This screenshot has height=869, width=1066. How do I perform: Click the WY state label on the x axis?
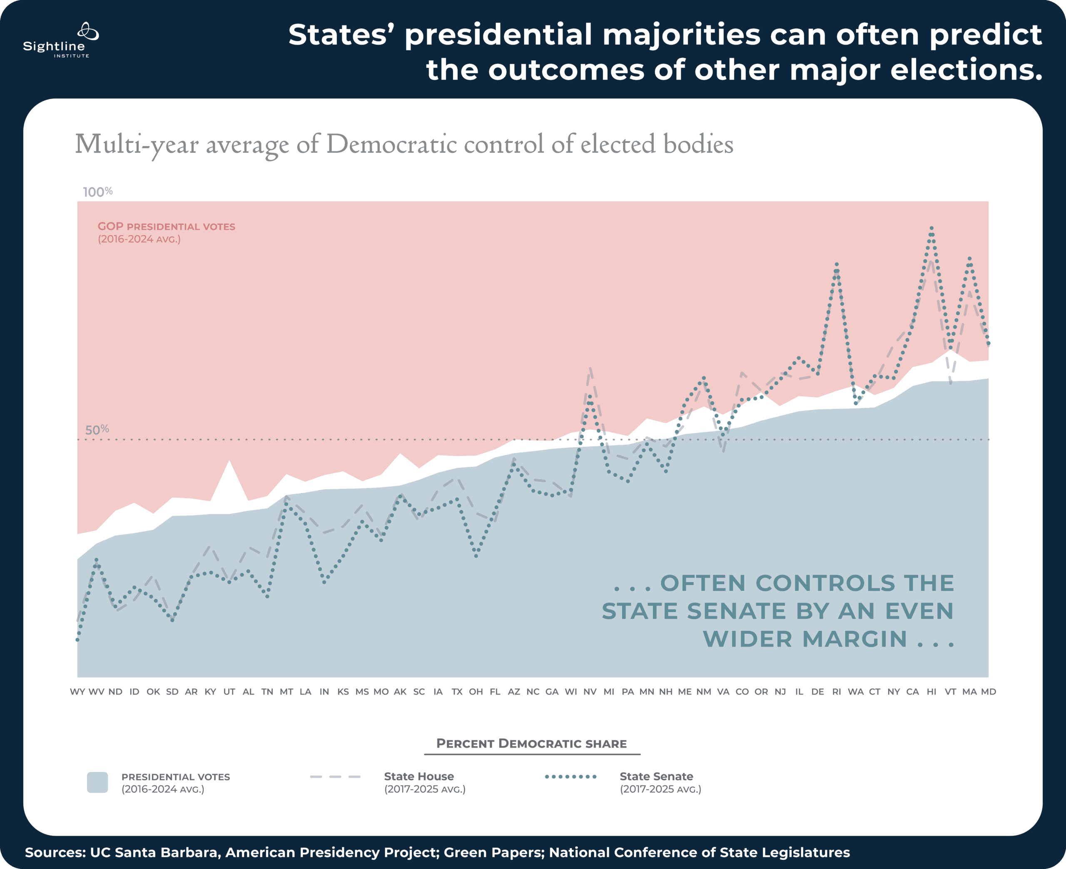[77, 691]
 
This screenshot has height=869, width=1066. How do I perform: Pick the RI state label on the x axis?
[836, 691]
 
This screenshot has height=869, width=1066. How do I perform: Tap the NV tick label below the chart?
[590, 691]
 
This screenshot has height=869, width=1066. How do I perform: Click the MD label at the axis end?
[988, 691]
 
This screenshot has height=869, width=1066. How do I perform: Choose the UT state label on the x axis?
[229, 691]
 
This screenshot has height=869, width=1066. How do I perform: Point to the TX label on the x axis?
[457, 691]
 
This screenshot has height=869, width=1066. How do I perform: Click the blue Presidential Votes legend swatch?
[97, 782]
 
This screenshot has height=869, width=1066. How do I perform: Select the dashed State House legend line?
[335, 777]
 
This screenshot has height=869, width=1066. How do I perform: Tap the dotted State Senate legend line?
[570, 777]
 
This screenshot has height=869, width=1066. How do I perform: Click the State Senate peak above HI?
[932, 228]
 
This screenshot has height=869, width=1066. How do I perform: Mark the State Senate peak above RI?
[836, 264]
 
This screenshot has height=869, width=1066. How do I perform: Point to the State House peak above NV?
[590, 369]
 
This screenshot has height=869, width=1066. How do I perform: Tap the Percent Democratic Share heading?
[531, 743]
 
